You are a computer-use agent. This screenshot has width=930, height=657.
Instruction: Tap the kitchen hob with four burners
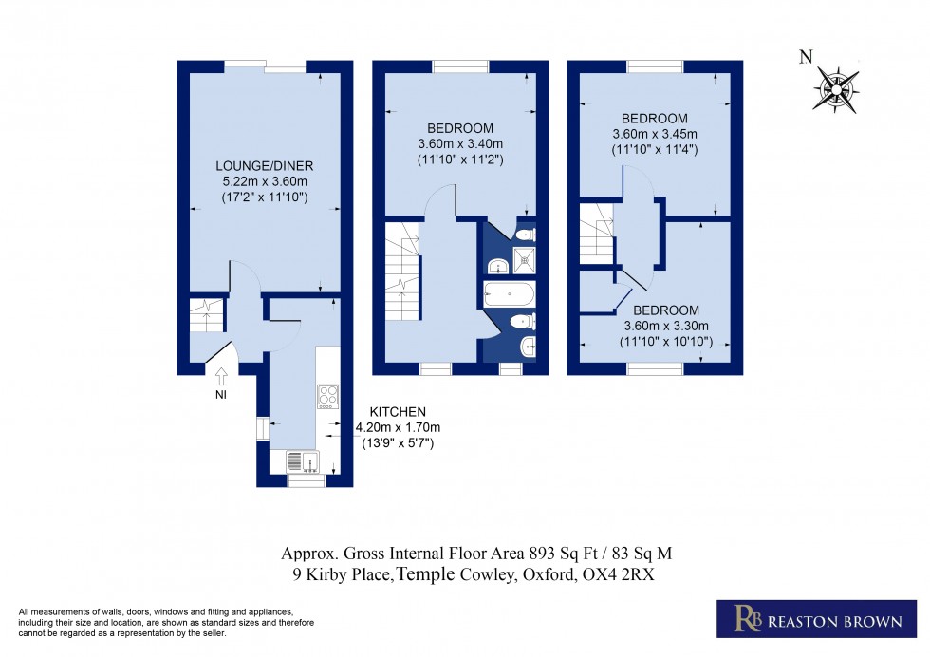(x=328, y=394)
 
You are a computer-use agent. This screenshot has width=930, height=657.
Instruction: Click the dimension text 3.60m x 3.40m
(x=459, y=144)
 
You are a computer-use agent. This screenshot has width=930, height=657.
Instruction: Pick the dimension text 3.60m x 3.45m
(x=655, y=134)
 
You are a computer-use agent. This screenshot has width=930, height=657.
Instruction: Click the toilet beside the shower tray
(x=527, y=234)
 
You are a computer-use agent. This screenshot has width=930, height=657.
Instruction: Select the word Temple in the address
(x=427, y=574)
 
